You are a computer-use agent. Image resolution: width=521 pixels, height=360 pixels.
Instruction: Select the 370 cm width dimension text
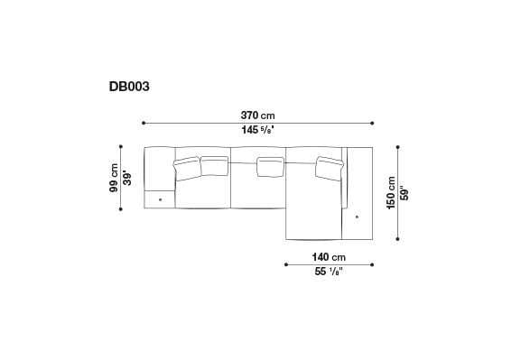pyautogui.click(x=257, y=115)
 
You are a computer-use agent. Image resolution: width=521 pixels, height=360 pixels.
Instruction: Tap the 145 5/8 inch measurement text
pyautogui.click(x=257, y=130)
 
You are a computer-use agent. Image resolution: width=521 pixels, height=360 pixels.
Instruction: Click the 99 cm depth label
pyautogui.click(x=114, y=177)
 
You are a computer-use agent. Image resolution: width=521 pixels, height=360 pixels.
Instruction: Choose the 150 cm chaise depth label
pyautogui.click(x=390, y=191)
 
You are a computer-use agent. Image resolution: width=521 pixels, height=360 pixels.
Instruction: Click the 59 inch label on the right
pyautogui.click(x=404, y=191)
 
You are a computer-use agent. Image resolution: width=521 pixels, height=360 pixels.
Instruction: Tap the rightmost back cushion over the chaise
pyautogui.click(x=328, y=168)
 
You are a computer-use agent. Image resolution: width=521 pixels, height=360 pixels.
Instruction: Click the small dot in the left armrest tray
pyautogui.click(x=160, y=198)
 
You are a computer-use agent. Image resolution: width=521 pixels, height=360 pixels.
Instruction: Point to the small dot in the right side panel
pyautogui.click(x=358, y=217)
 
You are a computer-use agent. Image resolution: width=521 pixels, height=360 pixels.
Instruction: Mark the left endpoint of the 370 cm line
pyautogui.click(x=144, y=124)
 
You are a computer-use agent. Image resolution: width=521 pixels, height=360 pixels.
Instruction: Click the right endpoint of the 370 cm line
pyautogui.click(x=371, y=124)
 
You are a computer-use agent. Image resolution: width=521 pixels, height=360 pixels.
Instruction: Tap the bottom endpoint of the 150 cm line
pyautogui.click(x=397, y=239)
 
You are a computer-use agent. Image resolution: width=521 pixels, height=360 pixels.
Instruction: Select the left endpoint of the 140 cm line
pyautogui.click(x=285, y=263)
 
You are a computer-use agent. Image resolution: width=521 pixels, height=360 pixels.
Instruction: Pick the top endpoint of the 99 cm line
pyautogui.click(x=121, y=145)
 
